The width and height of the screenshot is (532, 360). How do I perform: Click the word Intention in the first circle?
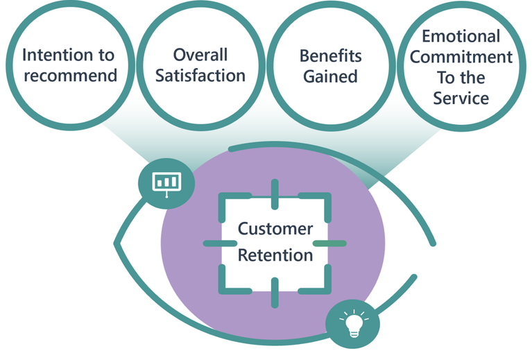pos(58,55)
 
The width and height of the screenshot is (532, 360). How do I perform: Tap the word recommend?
pos(71,76)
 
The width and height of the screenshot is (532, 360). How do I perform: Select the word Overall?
pos(200,55)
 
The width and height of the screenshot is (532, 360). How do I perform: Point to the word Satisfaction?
pos(200,76)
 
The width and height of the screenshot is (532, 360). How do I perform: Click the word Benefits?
pos(330,56)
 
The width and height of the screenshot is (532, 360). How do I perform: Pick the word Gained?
pos(330,76)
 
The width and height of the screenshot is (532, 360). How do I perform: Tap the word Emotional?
pos(461,36)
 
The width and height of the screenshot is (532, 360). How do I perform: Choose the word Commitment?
pos(461,57)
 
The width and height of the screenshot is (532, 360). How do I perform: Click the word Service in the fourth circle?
pos(461,98)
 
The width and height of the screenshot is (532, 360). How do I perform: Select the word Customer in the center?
pos(275,229)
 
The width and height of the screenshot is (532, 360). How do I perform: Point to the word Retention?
pos(275,255)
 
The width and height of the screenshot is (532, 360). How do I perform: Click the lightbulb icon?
pos(354,324)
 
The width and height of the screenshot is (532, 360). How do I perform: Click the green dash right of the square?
pos(329,243)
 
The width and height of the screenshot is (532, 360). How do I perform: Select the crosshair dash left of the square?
pos(220,243)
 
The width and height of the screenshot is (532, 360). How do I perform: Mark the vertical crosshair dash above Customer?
pos(275,194)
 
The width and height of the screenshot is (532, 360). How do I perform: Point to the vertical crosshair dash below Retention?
pos(275,293)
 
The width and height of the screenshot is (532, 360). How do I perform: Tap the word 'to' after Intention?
pos(107,55)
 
